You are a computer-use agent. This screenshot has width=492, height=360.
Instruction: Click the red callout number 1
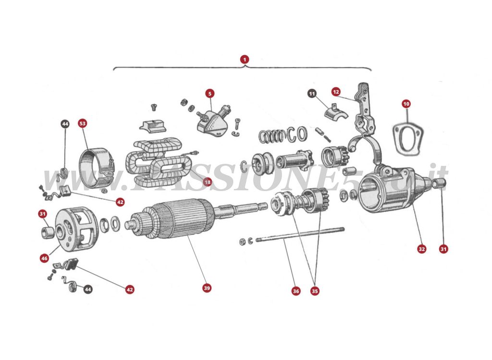pos(245,60)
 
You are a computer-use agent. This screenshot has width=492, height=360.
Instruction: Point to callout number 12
pos(336,91)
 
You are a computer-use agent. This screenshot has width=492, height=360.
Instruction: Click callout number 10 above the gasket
pos(406,103)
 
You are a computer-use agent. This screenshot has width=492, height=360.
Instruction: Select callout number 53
pos(83,123)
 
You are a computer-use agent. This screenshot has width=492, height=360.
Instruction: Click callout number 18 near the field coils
pos(207,182)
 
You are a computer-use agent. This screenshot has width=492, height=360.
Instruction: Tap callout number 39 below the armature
pos(207,288)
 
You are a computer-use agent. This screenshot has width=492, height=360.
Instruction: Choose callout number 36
pos(296,291)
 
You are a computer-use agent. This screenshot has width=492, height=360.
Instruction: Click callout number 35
pos(315,291)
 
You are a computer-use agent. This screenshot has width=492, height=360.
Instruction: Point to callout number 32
pos(421,249)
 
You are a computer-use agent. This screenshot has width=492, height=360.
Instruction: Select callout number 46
pos(44,258)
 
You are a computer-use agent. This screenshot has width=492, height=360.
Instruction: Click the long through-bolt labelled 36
pos(298,235)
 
